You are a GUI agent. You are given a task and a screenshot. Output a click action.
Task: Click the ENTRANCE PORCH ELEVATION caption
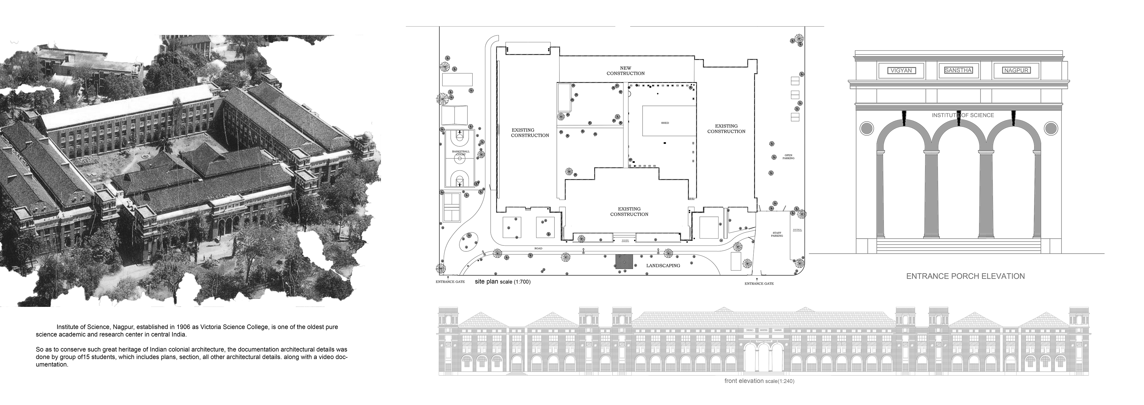tap(965, 276)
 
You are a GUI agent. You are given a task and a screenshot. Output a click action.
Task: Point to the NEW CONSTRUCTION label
tap(625, 71)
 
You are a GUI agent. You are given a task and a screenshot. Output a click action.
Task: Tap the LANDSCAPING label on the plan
tap(663, 265)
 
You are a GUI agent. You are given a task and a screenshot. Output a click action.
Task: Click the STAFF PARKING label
tap(777, 234)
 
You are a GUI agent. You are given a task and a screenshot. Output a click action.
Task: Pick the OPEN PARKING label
tap(788, 157)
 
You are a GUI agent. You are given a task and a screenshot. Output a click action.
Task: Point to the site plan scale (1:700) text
tap(502, 282)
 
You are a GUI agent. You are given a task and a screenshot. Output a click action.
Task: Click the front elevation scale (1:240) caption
tap(759, 381)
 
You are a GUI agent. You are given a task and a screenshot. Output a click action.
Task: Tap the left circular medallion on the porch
tap(866, 129)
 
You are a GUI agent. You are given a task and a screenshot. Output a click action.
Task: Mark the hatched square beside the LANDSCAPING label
tap(624, 262)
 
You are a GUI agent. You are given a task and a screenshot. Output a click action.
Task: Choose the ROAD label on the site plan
tap(539, 248)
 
